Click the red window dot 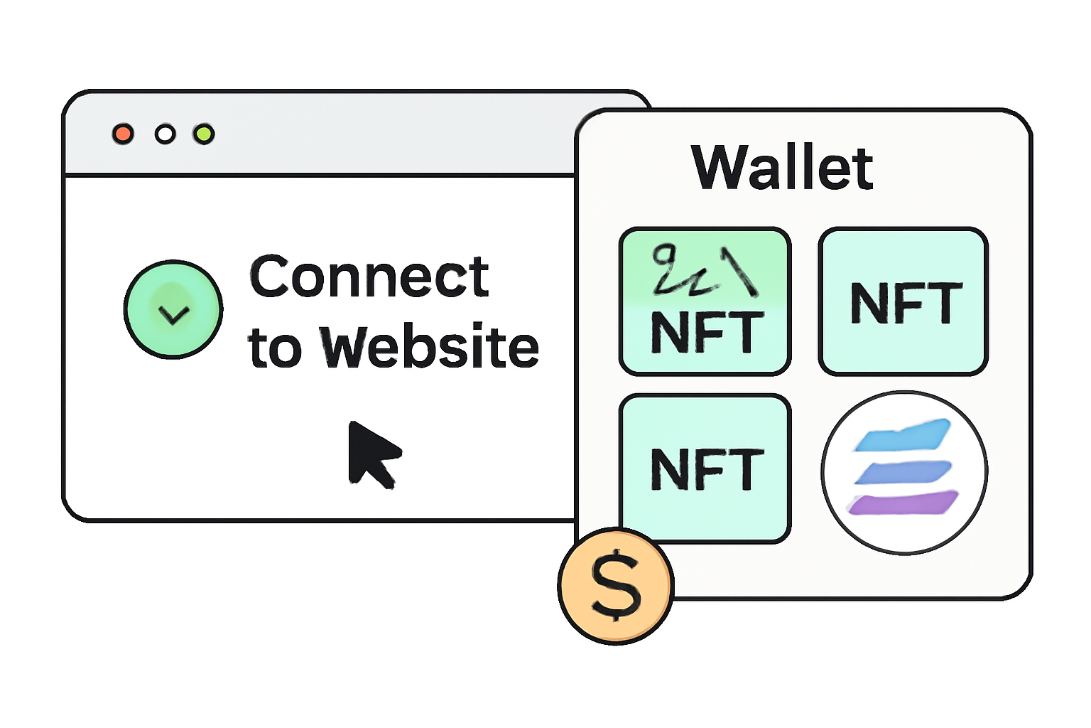click(123, 134)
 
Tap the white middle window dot click(165, 134)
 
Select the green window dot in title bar click(204, 134)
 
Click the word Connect click(369, 277)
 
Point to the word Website click(430, 348)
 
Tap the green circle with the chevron click(173, 309)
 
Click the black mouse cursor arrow click(370, 452)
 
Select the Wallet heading click(782, 168)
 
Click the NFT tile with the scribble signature click(705, 301)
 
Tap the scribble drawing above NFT click(703, 270)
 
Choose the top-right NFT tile click(903, 301)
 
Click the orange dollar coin click(615, 586)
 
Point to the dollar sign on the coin click(615, 586)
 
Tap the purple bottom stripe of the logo click(903, 503)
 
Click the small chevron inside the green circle click(173, 314)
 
